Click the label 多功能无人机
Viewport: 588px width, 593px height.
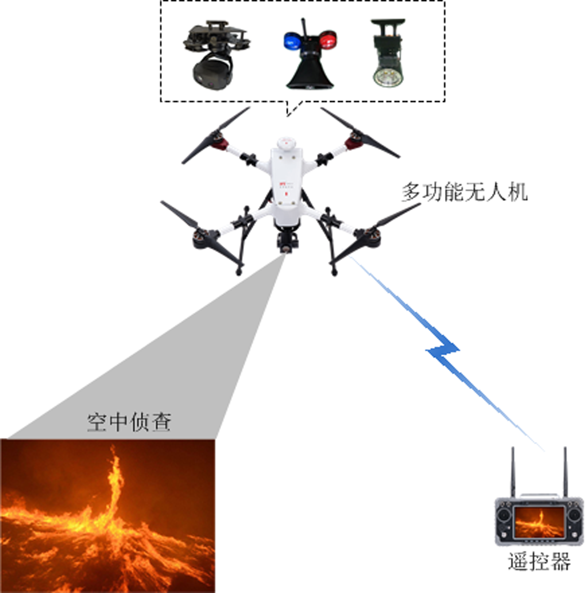click(464, 193)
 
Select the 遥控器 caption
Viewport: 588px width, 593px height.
click(539, 562)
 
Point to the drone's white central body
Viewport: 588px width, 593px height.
click(286, 184)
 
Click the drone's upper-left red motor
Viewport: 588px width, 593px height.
click(219, 139)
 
